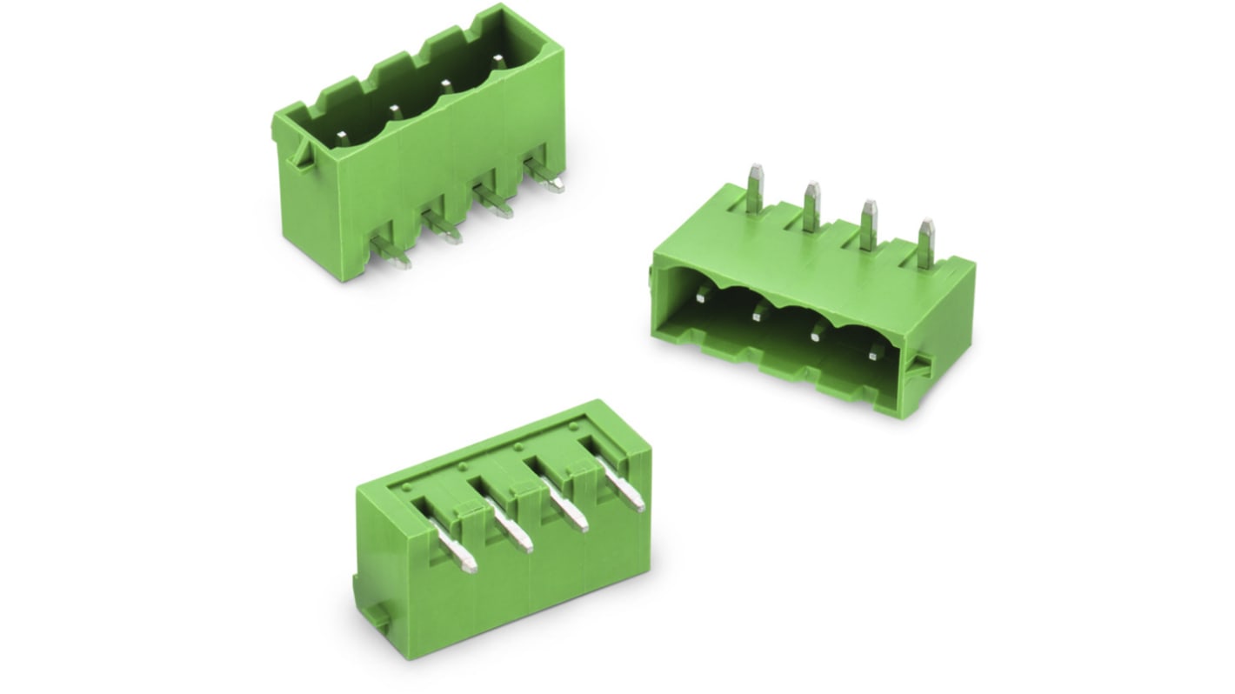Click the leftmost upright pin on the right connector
coord(755,187)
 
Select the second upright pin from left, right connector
coord(811,206)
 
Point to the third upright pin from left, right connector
coord(868,224)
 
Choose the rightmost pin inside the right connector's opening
coord(875,351)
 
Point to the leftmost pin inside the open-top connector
coord(343,137)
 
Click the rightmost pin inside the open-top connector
coord(497,61)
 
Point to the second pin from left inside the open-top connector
coord(394,111)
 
